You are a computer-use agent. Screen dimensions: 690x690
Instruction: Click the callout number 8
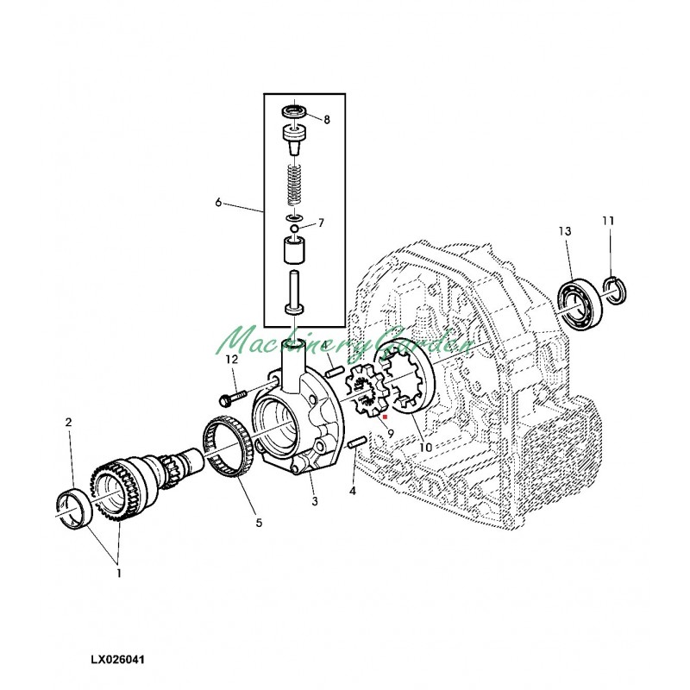click(326, 121)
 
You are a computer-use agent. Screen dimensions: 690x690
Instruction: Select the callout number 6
click(218, 203)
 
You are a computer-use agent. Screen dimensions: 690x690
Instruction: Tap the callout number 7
click(320, 223)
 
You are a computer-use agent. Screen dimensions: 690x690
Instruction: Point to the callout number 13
click(565, 231)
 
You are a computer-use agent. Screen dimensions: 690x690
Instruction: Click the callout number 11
click(608, 222)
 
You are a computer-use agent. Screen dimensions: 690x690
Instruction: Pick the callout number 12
click(231, 359)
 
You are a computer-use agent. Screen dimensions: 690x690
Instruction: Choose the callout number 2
click(68, 423)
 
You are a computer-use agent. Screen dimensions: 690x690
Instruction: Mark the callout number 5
click(258, 522)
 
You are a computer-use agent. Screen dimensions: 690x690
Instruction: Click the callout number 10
click(425, 448)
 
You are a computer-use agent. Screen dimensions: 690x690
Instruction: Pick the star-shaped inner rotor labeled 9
click(368, 392)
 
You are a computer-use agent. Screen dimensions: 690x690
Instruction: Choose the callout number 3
click(314, 501)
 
